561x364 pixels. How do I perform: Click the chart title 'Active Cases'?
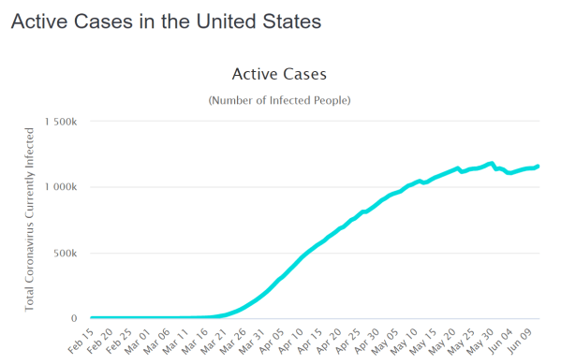coord(278,73)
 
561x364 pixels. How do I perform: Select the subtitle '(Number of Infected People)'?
coord(278,100)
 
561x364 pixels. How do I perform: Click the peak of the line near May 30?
coord(492,163)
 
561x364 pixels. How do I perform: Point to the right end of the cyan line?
coord(539,166)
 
